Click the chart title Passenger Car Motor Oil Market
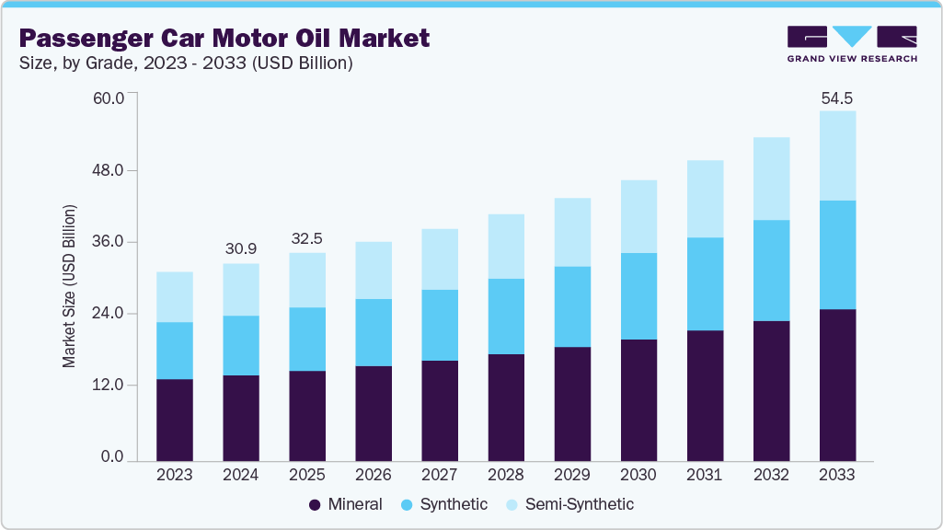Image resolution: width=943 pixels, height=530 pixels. pyautogui.click(x=224, y=39)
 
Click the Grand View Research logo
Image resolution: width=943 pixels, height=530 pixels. pyautogui.click(x=851, y=44)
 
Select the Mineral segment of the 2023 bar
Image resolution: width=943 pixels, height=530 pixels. pyautogui.click(x=175, y=419)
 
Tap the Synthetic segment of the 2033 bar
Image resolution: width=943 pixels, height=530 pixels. pyautogui.click(x=837, y=255)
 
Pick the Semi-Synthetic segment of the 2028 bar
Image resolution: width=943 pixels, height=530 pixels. pyautogui.click(x=506, y=246)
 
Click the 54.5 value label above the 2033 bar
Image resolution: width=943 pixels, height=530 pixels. pyautogui.click(x=837, y=98)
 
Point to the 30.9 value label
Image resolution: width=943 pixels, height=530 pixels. pyautogui.click(x=241, y=249)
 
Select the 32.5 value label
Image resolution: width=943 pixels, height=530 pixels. pyautogui.click(x=307, y=237)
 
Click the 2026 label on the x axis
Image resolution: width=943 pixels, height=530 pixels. pyautogui.click(x=374, y=476)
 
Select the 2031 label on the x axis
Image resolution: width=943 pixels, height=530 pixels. pyautogui.click(x=705, y=476)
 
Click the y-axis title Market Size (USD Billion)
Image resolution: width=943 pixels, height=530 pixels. pyautogui.click(x=70, y=287)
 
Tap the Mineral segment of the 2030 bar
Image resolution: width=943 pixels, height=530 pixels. pyautogui.click(x=638, y=399)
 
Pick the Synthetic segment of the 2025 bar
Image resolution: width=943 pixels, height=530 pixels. pyautogui.click(x=307, y=339)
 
